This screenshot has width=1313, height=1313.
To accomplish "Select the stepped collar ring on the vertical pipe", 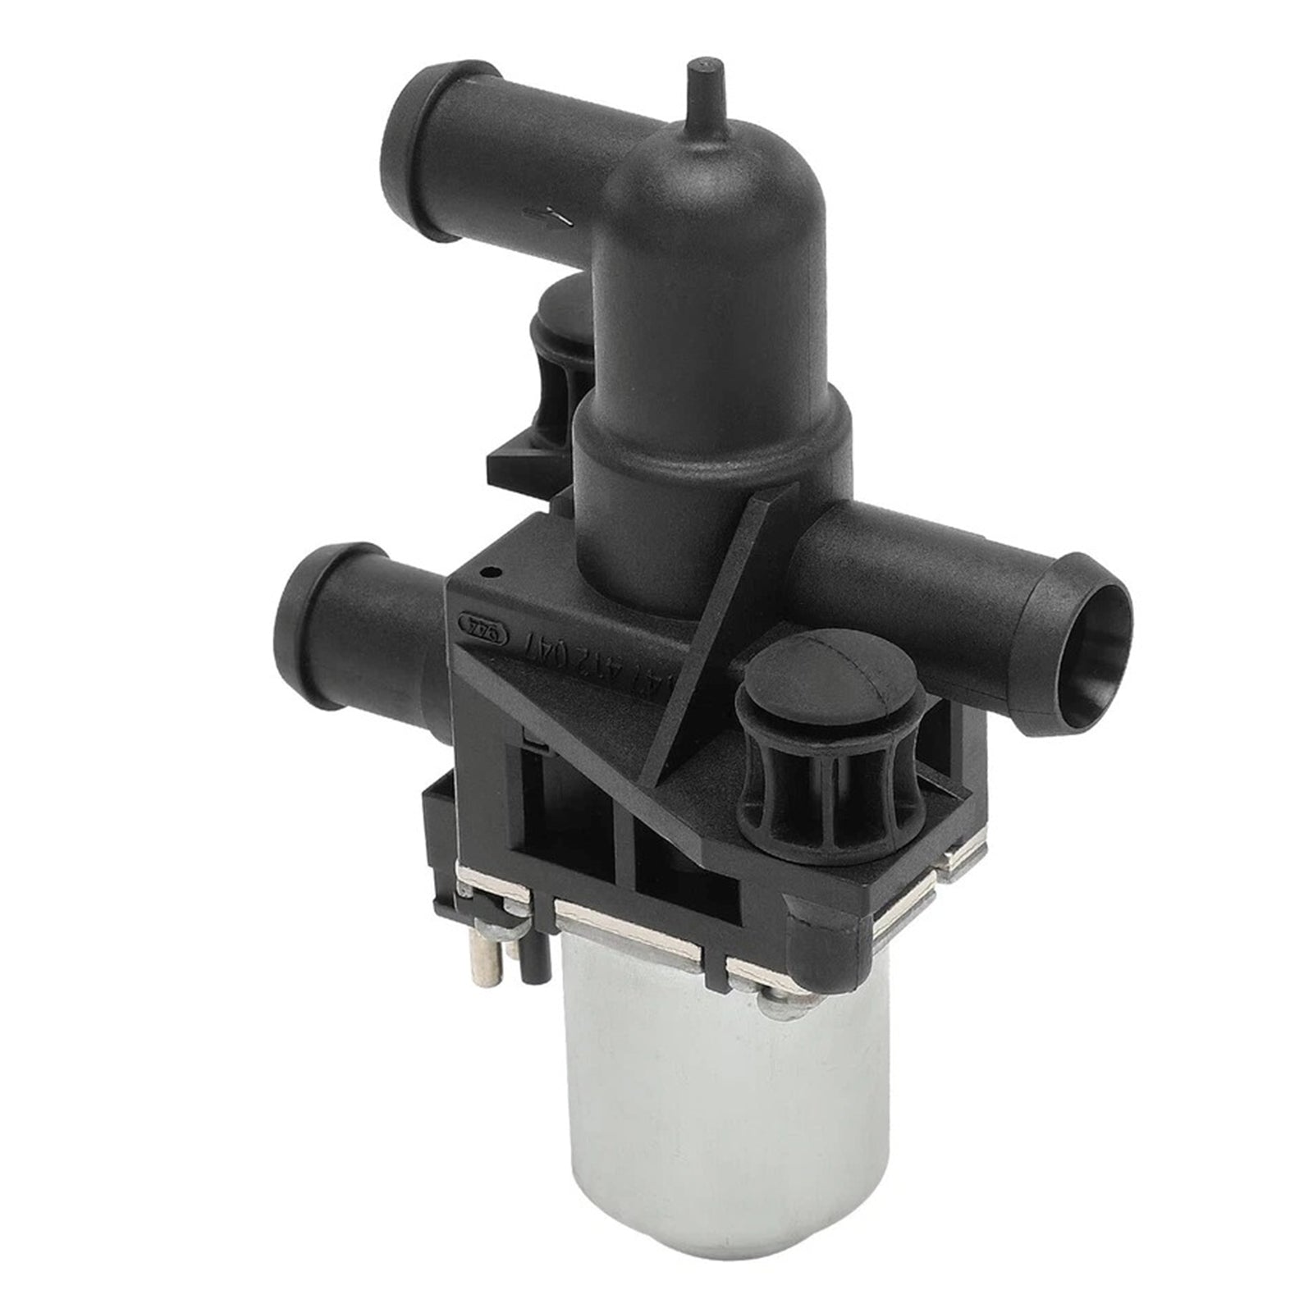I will click(x=706, y=427).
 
